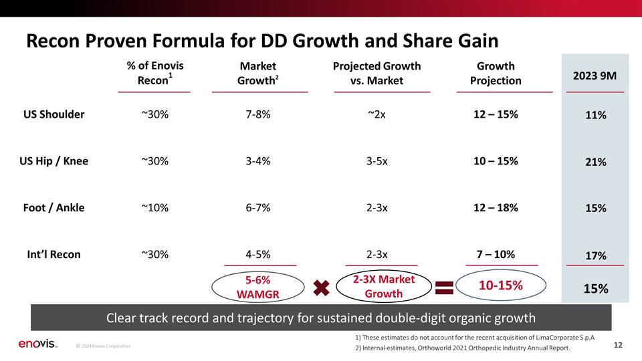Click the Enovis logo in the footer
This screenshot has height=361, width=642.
pos(37,344)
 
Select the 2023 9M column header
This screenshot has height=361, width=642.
pos(595,76)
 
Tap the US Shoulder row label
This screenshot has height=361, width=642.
pos(53,114)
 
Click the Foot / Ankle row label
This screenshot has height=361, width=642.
pos(53,207)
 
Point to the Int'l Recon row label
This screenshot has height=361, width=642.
pos(53,254)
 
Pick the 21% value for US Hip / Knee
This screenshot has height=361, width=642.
pos(596,162)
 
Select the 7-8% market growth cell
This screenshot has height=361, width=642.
pos(258,114)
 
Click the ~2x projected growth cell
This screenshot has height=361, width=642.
pos(377,114)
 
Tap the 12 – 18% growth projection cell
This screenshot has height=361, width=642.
pos(496,207)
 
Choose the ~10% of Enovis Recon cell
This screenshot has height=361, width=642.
pos(154,207)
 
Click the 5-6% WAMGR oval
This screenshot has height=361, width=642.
pos(258,287)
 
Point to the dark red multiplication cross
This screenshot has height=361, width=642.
pos(322,287)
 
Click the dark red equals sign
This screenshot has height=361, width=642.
pos(444,287)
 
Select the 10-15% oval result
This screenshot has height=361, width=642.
pos(501,285)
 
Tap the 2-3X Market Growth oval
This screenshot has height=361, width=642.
pos(384,286)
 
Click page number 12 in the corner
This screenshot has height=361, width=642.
pos(618,345)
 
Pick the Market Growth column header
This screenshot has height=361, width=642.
pos(258,74)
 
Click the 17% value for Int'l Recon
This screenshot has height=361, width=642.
pos(596,256)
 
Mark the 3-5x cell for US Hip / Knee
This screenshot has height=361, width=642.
pos(377,161)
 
